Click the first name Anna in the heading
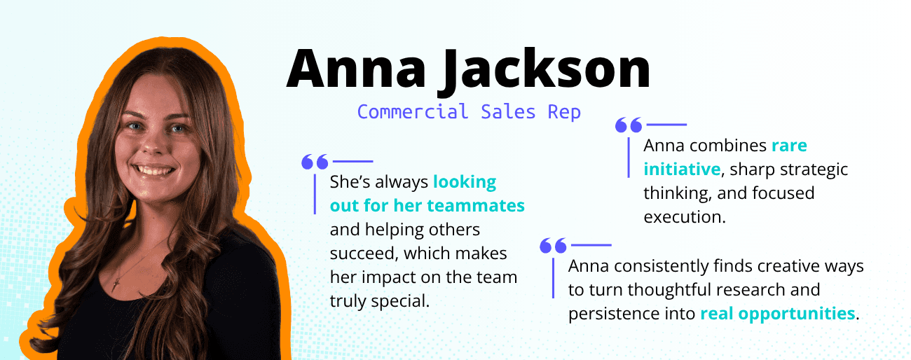coord(354,69)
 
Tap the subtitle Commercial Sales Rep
coord(469,111)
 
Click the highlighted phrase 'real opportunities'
coord(777,313)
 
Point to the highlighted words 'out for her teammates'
coord(427,206)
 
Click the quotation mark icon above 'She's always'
coord(315,162)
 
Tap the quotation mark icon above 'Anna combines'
coord(628,125)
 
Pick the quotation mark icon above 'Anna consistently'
coord(553,246)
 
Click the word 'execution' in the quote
coord(684,216)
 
